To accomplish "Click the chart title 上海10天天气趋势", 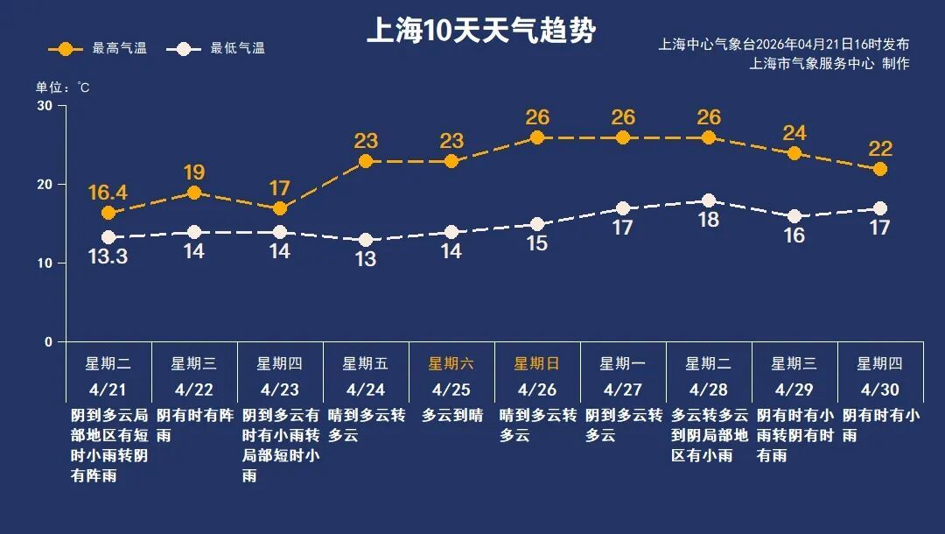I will tap(480, 32).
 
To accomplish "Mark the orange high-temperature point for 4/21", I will tap(108, 213).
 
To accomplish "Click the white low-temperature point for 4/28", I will tap(709, 200).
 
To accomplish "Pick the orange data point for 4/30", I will tap(880, 169).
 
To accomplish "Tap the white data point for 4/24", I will tap(366, 240).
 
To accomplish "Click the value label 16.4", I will tap(108, 192).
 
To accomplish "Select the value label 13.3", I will tap(108, 257).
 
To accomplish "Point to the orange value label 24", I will tap(794, 133).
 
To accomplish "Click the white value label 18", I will tap(709, 221).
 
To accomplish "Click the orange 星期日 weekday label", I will tap(536, 363).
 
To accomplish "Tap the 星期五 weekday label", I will tap(366, 363).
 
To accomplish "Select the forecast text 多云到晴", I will tap(451, 416).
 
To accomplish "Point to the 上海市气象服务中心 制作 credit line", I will tap(829, 64).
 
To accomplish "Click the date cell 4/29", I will tap(794, 389).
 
